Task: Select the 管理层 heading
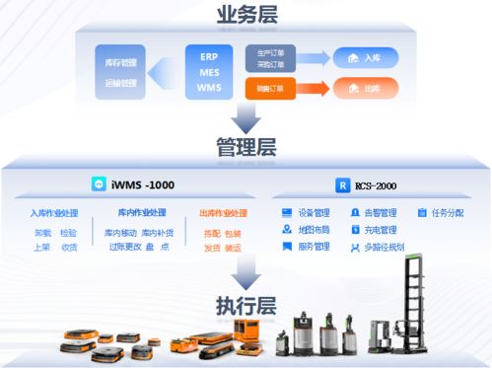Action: click(246, 148)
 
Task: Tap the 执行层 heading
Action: click(246, 304)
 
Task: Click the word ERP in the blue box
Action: click(208, 58)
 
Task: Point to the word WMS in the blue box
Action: click(208, 88)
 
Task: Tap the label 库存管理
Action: click(120, 62)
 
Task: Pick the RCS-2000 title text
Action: click(379, 184)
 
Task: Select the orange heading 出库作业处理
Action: click(223, 213)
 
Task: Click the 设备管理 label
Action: click(314, 212)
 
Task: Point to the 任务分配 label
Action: click(447, 212)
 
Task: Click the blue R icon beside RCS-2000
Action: click(342, 184)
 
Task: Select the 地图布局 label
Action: click(314, 229)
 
